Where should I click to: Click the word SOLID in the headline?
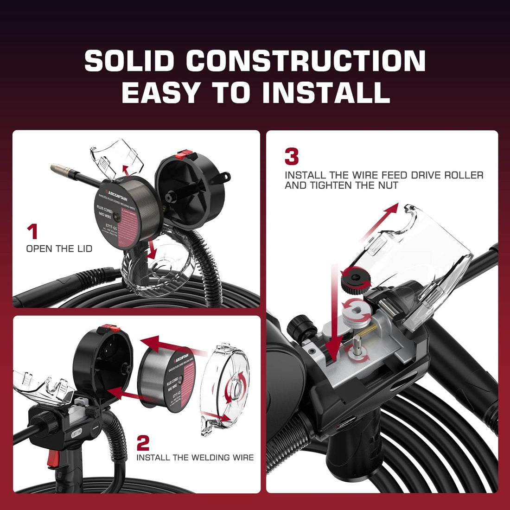[129, 61]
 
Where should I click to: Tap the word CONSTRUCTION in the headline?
[306, 61]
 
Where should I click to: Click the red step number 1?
[32, 232]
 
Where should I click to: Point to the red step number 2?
[143, 443]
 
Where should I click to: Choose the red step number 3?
[292, 157]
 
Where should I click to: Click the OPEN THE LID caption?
[59, 249]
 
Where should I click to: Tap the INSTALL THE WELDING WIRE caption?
[195, 457]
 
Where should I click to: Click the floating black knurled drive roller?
[353, 279]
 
